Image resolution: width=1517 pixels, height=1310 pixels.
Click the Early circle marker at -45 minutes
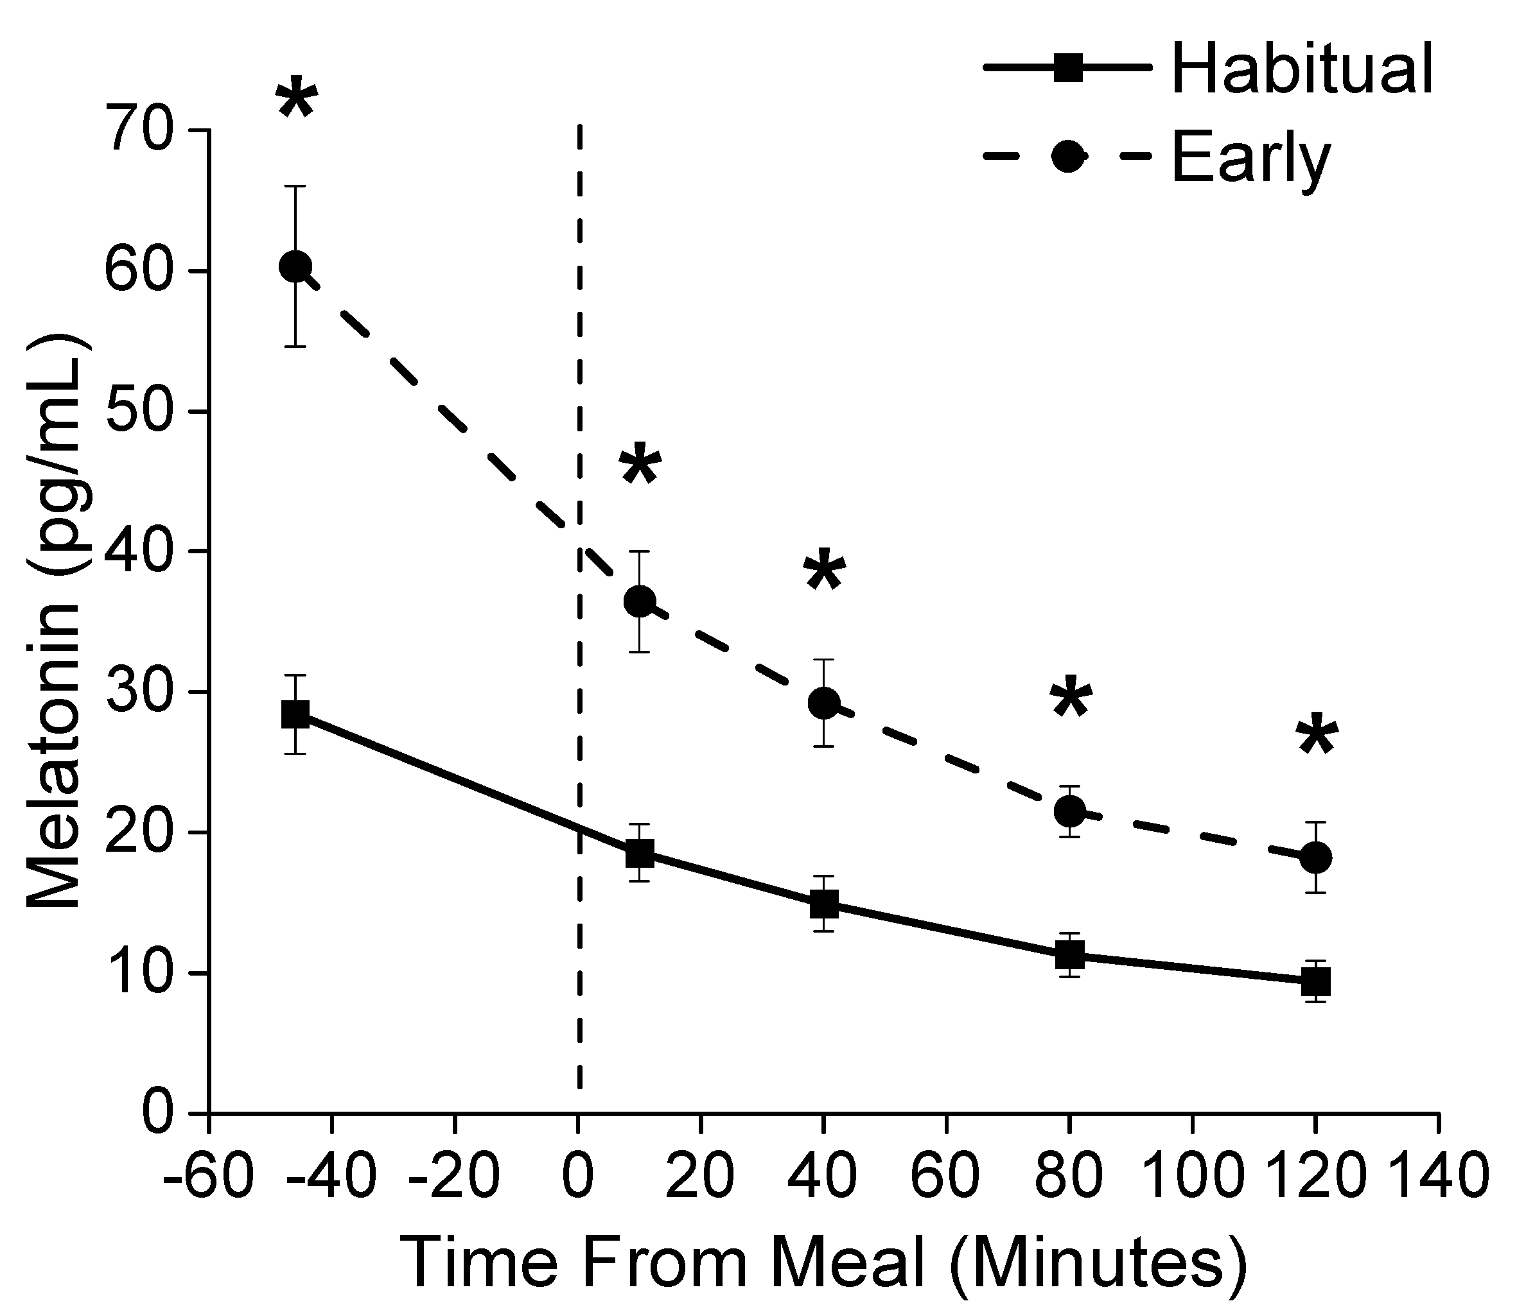[296, 266]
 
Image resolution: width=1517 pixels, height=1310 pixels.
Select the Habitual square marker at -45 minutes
[296, 714]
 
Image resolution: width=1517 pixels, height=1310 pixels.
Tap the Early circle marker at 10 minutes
[640, 601]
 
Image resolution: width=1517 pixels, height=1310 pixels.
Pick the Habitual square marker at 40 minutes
[825, 904]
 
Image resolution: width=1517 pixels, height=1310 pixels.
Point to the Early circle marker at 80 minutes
[1069, 811]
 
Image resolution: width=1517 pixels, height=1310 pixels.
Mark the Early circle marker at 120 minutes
[1316, 857]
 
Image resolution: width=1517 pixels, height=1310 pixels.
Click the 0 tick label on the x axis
[579, 1176]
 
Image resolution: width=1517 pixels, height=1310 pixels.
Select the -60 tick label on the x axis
[209, 1176]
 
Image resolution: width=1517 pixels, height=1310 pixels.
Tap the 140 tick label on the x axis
[1439, 1176]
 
